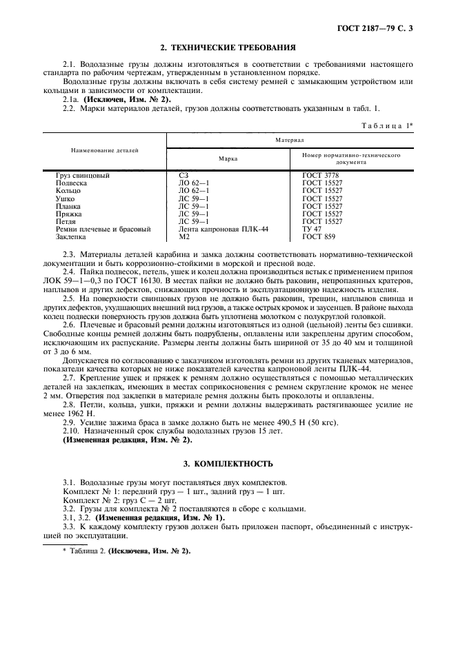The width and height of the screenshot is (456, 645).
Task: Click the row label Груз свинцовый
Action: point(82,176)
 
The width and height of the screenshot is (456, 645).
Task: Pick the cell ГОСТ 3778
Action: point(320,176)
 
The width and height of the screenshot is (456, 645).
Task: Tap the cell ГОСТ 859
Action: point(318,236)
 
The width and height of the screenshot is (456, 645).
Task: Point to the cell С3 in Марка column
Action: point(183,176)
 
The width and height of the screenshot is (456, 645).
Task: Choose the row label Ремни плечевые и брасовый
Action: point(103,229)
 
